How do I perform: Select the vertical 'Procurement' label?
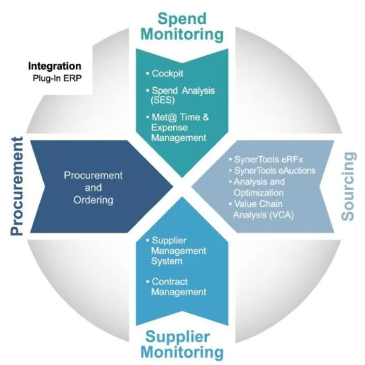pos(17,187)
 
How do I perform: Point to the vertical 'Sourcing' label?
pos(348,186)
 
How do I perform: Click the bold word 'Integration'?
pos(55,66)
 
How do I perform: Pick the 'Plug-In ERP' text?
pos(55,78)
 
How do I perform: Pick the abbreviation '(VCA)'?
pos(284,215)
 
